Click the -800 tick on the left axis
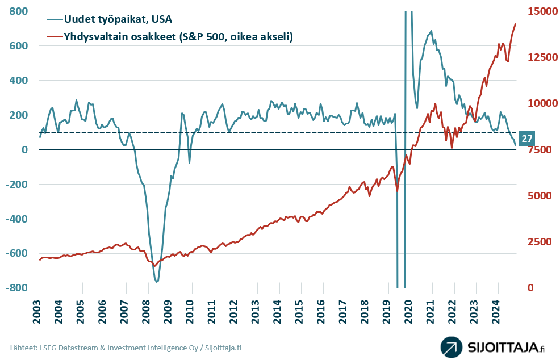click(17, 288)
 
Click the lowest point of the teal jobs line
click(156, 281)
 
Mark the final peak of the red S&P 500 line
click(515, 24)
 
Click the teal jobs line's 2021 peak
click(432, 31)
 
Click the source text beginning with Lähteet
click(125, 348)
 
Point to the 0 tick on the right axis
click(529, 288)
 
